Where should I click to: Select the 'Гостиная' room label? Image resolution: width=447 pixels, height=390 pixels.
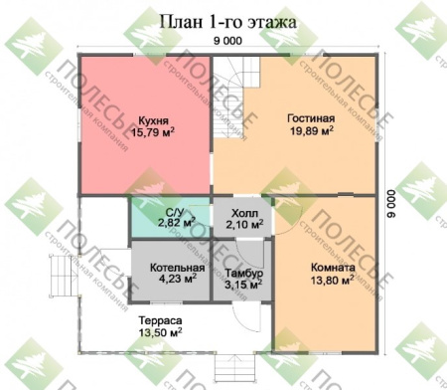coord(312,117)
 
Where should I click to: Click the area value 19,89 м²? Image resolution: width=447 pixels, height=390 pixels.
coord(312,130)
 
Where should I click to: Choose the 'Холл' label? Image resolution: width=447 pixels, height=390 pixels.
coord(243,212)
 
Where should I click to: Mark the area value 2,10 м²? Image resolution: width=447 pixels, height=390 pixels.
coord(243,225)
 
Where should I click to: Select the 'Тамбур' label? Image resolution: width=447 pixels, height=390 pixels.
coord(243,274)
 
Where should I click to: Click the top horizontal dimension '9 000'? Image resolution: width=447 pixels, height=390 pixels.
coord(226,41)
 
